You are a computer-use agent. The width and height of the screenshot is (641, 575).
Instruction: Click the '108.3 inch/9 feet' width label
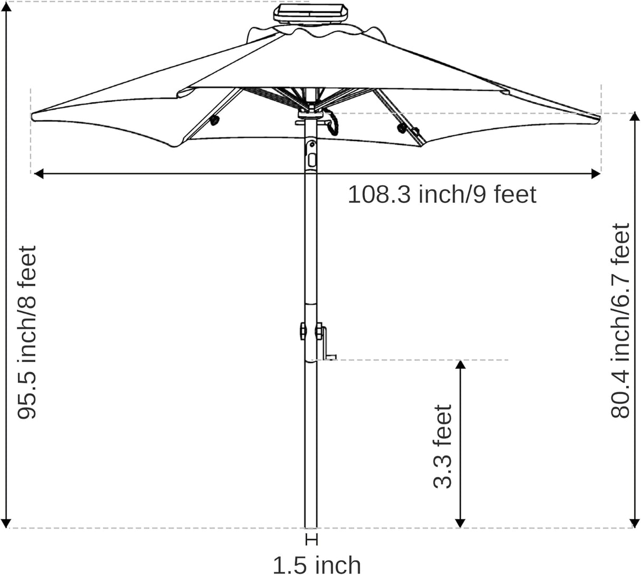coord(441,195)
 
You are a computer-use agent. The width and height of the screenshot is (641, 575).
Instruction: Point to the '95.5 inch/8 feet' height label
coord(27,332)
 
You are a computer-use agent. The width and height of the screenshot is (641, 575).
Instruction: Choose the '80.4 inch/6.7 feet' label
coord(621,321)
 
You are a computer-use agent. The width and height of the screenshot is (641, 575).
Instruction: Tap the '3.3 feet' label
coord(442,446)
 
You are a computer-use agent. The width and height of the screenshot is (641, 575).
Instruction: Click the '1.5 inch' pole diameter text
coord(317,564)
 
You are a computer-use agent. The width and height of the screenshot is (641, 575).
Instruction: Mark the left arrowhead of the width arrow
coord(37,173)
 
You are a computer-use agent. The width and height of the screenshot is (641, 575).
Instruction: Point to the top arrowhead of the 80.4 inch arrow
coord(633,118)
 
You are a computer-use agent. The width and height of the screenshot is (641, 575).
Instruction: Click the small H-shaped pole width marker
coord(312,540)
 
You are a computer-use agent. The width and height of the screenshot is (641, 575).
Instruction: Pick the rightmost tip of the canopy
coord(599,117)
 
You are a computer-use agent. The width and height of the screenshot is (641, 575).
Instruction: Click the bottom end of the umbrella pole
coord(312,525)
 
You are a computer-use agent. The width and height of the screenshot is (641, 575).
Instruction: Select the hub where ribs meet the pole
coord(311,114)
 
